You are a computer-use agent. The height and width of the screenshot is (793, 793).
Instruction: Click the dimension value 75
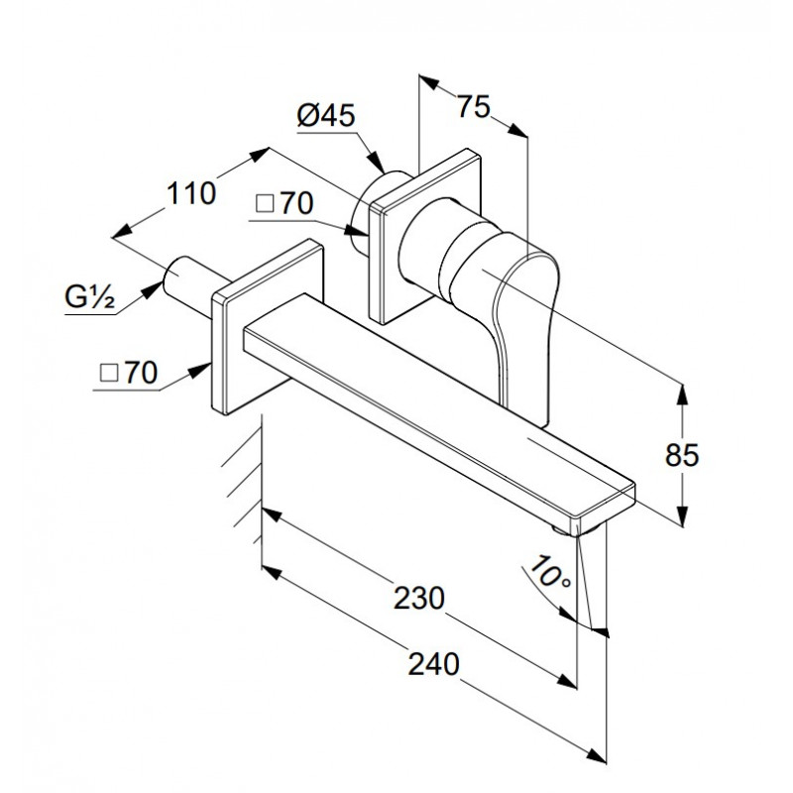pyautogui.click(x=474, y=107)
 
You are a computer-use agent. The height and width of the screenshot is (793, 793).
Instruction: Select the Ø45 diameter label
pyautogui.click(x=326, y=116)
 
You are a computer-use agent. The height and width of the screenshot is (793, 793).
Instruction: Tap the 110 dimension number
pyautogui.click(x=191, y=193)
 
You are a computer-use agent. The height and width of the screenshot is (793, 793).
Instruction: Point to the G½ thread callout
pyautogui.click(x=90, y=297)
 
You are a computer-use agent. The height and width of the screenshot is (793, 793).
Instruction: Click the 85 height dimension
pyautogui.click(x=682, y=455)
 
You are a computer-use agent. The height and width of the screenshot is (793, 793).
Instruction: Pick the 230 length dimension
pyautogui.click(x=419, y=598)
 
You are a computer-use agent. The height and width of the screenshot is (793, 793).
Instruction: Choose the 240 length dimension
pyautogui.click(x=434, y=663)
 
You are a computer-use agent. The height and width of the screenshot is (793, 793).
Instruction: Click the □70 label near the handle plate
pyautogui.click(x=284, y=203)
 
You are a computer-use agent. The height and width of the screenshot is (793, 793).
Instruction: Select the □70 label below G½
pyautogui.click(x=129, y=374)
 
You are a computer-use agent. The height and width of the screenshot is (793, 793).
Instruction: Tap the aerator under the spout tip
pyautogui.click(x=577, y=530)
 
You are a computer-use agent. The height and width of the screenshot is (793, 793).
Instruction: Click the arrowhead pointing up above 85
pyautogui.click(x=683, y=396)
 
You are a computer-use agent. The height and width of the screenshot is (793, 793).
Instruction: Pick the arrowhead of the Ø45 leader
pyautogui.click(x=376, y=161)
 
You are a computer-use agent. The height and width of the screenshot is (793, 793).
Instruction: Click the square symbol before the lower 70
pyautogui.click(x=109, y=375)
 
